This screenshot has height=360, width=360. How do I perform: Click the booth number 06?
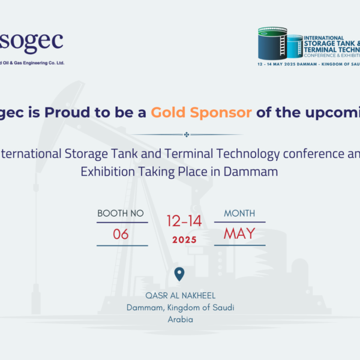(121, 234)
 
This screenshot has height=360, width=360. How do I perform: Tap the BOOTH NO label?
(121, 214)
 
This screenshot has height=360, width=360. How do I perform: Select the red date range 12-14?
(184, 221)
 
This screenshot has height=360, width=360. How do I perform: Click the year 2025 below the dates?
(184, 239)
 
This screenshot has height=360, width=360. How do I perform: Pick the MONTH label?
(239, 214)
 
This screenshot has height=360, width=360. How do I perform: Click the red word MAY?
(239, 233)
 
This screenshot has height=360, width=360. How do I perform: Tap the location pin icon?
(179, 275)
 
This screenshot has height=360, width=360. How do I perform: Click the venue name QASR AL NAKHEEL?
(180, 296)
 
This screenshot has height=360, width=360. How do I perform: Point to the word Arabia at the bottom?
(180, 319)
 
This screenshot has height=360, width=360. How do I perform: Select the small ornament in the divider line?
(187, 134)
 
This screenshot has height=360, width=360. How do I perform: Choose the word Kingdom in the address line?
(188, 307)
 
